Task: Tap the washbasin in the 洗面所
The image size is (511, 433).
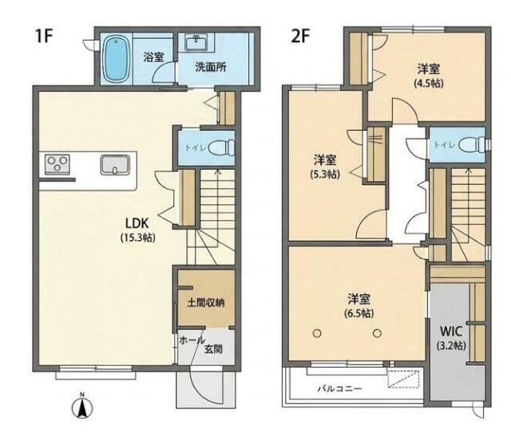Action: (x=196, y=43)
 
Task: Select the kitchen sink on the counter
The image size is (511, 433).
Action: (x=115, y=164)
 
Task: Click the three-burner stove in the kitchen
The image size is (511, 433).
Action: (x=57, y=163)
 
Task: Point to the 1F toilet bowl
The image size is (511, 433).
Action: (x=222, y=148)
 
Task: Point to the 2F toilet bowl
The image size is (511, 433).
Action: (x=472, y=144)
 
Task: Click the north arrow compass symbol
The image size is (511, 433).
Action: (x=82, y=407)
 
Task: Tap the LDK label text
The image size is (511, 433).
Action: (x=137, y=223)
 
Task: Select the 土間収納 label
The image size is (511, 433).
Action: (x=206, y=303)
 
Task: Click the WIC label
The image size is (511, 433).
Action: (x=451, y=332)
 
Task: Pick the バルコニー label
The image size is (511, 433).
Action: (x=340, y=388)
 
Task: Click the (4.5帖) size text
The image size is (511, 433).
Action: (x=429, y=84)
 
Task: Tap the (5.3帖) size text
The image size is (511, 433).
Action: (x=325, y=175)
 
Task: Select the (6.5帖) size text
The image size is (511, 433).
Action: (x=358, y=313)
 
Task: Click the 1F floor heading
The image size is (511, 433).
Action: (x=44, y=36)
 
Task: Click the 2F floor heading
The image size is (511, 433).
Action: (x=300, y=36)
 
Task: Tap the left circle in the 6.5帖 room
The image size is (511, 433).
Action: (x=317, y=333)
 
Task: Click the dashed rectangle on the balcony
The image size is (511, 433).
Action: (x=403, y=379)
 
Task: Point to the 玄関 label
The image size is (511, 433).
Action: (x=214, y=349)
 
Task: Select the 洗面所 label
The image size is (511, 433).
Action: (x=211, y=68)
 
